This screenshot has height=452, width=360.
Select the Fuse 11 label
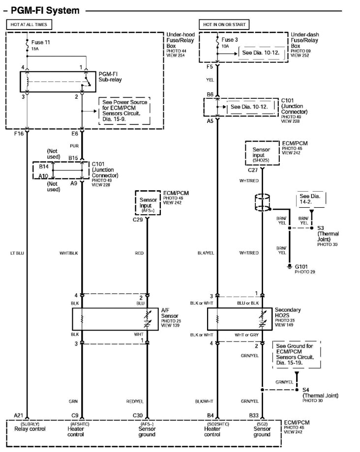point(41,42)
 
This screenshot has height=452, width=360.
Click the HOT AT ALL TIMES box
point(29,24)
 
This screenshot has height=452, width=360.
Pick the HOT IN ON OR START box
point(224,24)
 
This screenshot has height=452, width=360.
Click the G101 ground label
point(302,266)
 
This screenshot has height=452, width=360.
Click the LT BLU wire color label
point(17,253)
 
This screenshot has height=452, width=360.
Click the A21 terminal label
point(18,415)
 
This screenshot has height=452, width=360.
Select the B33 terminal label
point(254,415)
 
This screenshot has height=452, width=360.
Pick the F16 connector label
point(19,133)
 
